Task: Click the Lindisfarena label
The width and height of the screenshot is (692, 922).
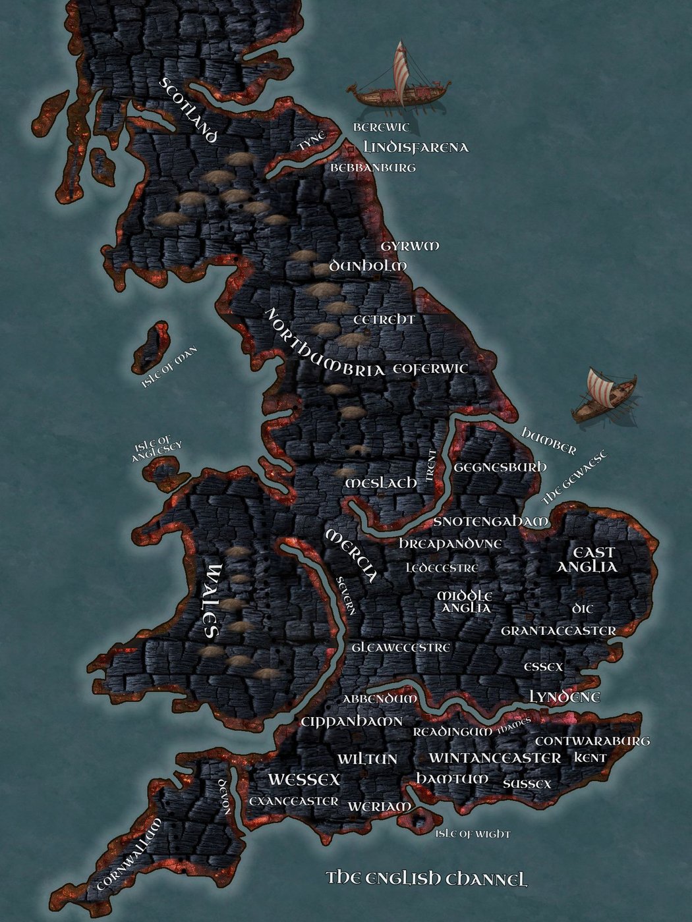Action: (x=416, y=147)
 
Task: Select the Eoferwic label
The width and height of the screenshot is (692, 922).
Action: (x=430, y=369)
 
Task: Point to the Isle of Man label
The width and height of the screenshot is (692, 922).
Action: (x=169, y=367)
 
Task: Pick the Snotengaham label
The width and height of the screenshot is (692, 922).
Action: (x=491, y=522)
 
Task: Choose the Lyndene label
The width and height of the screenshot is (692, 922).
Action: (x=565, y=697)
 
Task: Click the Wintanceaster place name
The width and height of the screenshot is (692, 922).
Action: (x=495, y=758)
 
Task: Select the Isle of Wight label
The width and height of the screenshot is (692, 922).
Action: (x=473, y=834)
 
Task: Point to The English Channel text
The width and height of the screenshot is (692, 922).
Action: (x=427, y=879)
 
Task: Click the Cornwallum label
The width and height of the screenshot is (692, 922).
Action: (x=129, y=854)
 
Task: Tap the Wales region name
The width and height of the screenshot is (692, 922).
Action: (x=211, y=601)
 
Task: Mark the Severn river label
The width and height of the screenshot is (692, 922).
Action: (x=347, y=595)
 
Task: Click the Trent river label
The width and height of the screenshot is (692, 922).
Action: (x=431, y=466)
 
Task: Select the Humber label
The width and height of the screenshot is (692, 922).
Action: (x=548, y=441)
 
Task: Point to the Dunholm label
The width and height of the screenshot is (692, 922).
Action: (x=368, y=265)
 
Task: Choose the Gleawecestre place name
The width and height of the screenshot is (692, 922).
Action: (x=401, y=647)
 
